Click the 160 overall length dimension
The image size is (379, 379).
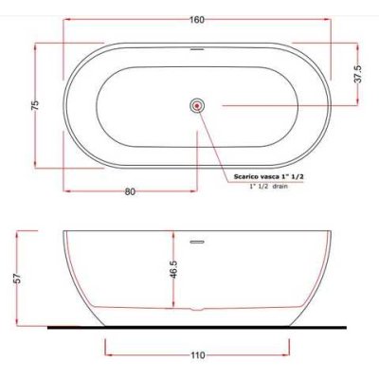(197, 20)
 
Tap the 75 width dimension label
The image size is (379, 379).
(35, 105)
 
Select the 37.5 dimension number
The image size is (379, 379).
(359, 74)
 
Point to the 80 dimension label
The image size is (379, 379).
(130, 191)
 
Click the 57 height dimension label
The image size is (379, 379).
(18, 278)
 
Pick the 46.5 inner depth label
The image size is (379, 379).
(173, 269)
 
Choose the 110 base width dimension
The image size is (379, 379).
(198, 355)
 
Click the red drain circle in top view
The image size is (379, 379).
(198, 106)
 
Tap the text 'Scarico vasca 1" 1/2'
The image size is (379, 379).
(269, 177)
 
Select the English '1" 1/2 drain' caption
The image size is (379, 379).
(269, 187)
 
